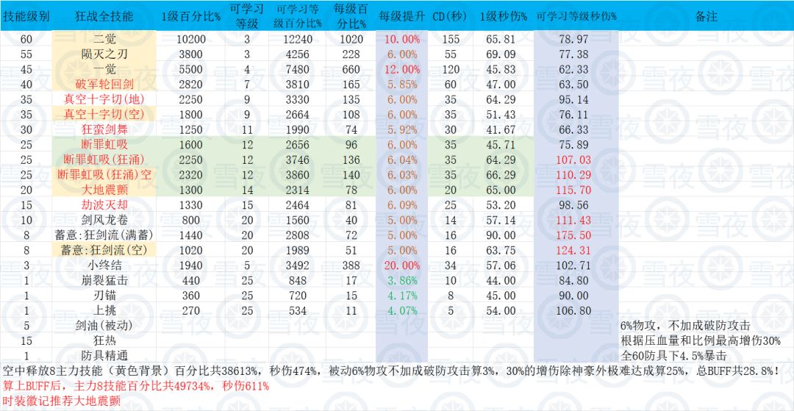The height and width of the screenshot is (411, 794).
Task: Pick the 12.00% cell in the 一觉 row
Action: click(401, 69)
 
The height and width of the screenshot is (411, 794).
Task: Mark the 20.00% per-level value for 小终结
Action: click(401, 265)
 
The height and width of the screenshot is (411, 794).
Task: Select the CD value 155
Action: click(450, 39)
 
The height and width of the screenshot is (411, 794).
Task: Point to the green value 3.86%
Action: click(401, 280)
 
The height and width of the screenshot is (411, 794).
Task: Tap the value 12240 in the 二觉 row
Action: click(297, 39)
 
